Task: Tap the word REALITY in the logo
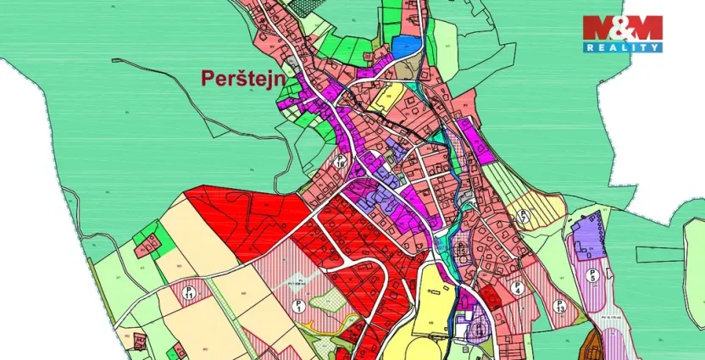[622, 48]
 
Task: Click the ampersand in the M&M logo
[622, 29]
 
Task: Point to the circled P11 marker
[191, 293]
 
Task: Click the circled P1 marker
[298, 306]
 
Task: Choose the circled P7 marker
[524, 215]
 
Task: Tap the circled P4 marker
[518, 287]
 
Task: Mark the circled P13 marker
[558, 306]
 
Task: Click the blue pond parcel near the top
[406, 46]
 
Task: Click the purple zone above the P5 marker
[589, 234]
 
